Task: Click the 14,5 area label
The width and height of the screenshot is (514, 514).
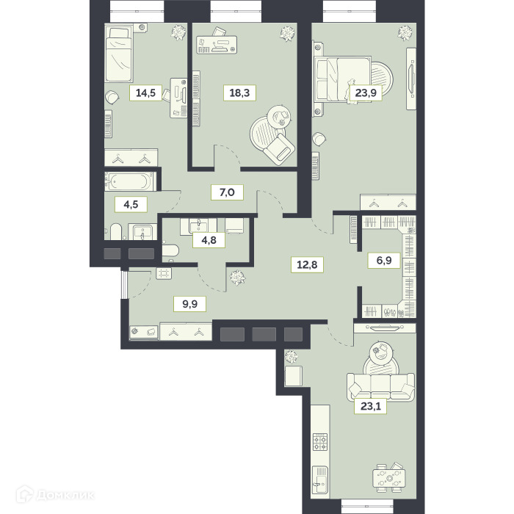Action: (x=145, y=93)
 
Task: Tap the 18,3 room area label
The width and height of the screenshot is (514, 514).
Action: (x=239, y=93)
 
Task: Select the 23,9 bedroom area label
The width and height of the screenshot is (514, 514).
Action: (x=366, y=93)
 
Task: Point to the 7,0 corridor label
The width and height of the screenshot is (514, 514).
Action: (x=227, y=192)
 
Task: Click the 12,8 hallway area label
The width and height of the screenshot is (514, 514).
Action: (x=307, y=264)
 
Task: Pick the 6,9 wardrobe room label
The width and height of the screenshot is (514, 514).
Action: (x=384, y=261)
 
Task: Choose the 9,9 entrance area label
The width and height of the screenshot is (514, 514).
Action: (x=189, y=304)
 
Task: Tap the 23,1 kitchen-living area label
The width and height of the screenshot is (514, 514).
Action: (x=370, y=406)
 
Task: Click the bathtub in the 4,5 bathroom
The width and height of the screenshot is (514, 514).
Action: (x=131, y=181)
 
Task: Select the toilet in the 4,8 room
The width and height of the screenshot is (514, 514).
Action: (x=170, y=251)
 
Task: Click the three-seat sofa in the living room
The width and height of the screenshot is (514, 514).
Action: (x=380, y=386)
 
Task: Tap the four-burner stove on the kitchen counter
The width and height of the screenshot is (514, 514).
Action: (x=320, y=442)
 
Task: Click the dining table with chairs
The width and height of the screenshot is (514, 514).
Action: (x=389, y=478)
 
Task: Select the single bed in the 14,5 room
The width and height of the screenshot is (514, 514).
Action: (x=119, y=55)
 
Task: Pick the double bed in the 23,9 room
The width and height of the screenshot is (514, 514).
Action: (x=343, y=79)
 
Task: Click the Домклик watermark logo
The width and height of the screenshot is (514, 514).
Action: (x=55, y=494)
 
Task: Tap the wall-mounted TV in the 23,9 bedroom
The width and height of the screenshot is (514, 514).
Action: (x=411, y=79)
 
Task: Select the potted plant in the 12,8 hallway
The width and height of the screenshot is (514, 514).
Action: (x=238, y=278)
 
